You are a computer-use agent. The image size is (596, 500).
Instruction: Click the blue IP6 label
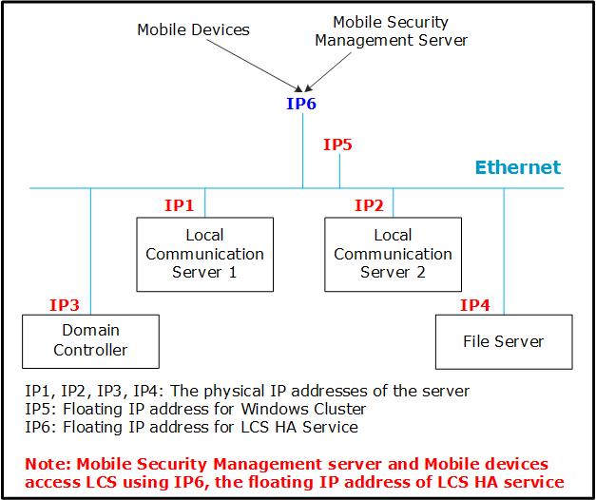pos(300,104)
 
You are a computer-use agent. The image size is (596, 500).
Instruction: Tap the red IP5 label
pos(337,145)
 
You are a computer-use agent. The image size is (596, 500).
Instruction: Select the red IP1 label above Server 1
pos(180,204)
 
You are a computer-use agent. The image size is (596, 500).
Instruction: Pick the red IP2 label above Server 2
pos(369,204)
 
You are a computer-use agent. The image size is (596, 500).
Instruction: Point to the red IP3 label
pos(64,305)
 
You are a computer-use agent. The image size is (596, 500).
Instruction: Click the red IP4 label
pos(474,305)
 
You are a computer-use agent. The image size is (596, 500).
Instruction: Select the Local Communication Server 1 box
pos(203,254)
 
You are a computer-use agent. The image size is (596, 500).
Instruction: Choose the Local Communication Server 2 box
pos(393,254)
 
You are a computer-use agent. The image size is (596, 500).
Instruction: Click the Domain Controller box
pos(90,340)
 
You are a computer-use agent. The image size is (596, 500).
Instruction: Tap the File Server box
pos(503,341)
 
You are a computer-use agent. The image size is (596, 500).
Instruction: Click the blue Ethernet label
pos(518,168)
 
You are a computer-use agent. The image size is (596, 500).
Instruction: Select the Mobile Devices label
pos(193,29)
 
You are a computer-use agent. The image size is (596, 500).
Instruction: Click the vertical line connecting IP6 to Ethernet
pos(302,152)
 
